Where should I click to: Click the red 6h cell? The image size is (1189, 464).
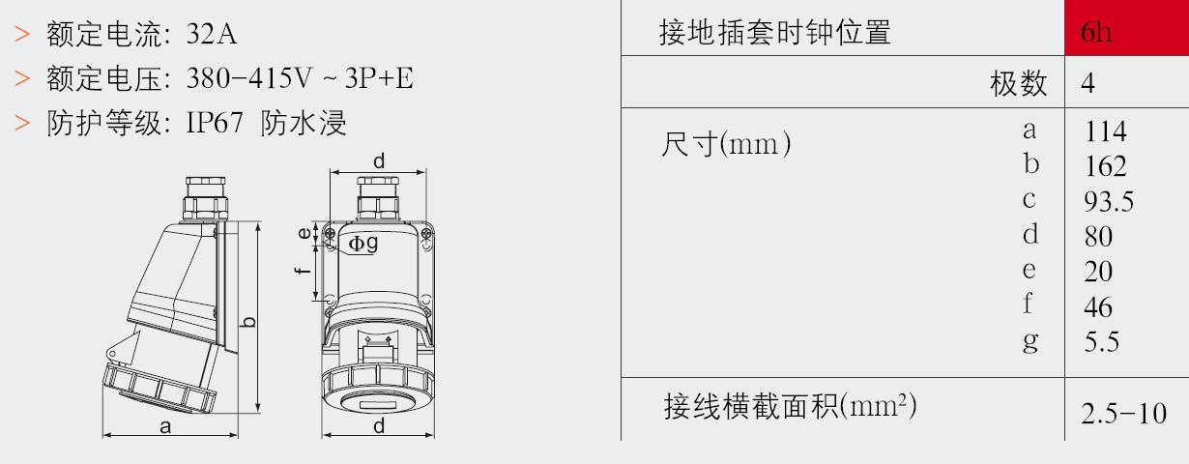pos(1126,28)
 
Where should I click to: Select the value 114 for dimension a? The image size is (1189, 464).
pos(1105,131)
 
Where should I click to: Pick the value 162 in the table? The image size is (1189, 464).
pos(1105,166)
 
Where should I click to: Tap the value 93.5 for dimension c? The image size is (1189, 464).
pos(1109,202)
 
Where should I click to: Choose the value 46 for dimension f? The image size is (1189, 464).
pos(1098,306)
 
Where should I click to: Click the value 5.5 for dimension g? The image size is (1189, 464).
pos(1101,342)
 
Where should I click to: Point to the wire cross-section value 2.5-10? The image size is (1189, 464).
pos(1123,414)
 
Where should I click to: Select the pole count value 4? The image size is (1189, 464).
pos(1087,83)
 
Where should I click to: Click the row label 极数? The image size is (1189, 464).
pos(1019,83)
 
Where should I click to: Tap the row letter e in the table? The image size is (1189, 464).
pos(1029,270)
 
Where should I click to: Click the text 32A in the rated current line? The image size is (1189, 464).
pos(212,34)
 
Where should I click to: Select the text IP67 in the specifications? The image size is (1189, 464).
pos(215,123)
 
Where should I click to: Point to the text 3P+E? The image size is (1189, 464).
pos(379,78)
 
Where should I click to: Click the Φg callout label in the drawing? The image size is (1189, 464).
pos(363,244)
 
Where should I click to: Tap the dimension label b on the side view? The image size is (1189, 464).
pos(247,322)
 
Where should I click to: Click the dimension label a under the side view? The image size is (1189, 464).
pos(165,426)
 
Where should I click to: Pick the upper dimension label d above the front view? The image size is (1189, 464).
pos(379,160)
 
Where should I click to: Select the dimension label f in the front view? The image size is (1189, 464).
pos(302,269)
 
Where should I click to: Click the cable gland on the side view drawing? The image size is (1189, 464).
pos(206,199)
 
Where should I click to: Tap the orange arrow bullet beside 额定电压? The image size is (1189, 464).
pos(22,78)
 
